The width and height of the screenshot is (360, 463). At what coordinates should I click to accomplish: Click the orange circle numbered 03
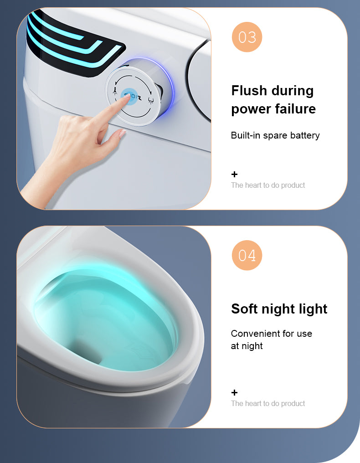247,37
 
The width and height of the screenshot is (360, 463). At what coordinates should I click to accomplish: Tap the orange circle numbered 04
247,255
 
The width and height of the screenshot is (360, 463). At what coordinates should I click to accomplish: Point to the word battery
305,135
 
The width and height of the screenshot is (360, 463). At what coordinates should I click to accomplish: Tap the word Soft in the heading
244,309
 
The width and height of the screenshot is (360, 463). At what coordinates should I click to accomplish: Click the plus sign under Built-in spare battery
234,174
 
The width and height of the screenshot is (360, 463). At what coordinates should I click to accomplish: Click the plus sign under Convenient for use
234,392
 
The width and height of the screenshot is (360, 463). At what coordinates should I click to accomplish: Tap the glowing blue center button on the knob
132,96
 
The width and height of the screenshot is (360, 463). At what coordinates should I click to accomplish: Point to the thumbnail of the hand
122,134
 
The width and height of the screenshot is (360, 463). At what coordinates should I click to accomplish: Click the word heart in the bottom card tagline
253,403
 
